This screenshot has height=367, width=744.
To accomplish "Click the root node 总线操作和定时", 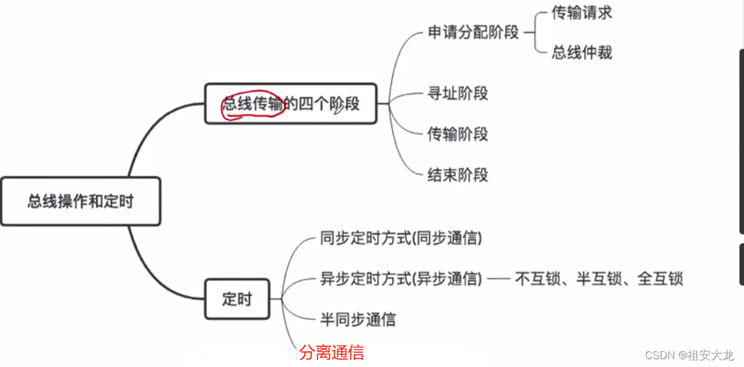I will pos(80,201).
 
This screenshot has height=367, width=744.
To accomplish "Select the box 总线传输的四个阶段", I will pos(291,103).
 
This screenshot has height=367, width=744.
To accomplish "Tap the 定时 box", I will pos(237,299).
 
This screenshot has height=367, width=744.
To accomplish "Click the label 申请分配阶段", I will pos(473,32).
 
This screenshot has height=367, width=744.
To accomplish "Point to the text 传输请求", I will pos(581,12).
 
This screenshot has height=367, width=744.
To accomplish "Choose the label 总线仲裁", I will pos(581,52).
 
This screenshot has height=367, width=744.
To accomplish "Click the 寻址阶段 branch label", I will pos(457,94).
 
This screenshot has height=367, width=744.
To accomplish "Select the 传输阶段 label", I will pos(457,134).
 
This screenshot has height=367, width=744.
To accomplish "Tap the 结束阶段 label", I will pos(457,174).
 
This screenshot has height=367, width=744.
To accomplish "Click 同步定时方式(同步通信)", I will pos(401,239).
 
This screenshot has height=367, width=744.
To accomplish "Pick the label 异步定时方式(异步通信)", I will pos(401,279).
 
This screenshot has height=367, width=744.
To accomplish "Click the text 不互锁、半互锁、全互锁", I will pos(598,279).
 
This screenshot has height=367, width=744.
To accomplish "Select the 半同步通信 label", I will pos(358,319).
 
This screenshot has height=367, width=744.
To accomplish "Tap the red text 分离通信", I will pos(331,353).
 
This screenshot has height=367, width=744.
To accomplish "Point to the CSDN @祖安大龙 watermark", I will pos(689,355).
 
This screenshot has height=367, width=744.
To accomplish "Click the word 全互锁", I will pos(660,279).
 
